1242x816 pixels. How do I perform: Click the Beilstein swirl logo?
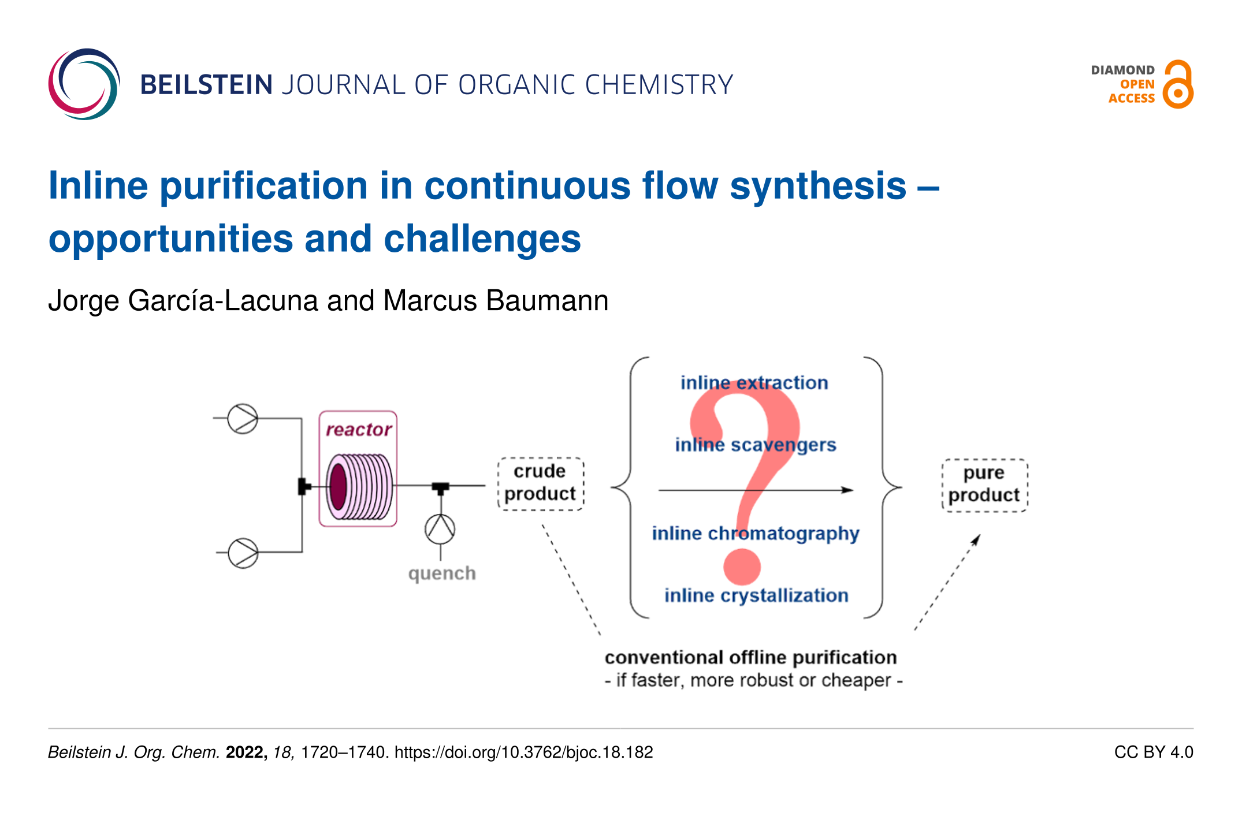(84, 84)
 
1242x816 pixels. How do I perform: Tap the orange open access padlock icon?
(1178, 84)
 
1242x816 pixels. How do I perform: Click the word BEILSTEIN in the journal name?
(206, 85)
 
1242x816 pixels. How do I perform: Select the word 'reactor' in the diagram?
(359, 429)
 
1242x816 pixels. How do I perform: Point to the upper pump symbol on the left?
(243, 419)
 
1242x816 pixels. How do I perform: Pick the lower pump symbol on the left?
(243, 553)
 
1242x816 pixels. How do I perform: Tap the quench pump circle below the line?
(440, 529)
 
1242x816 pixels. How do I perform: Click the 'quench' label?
(442, 573)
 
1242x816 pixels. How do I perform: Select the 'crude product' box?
(541, 483)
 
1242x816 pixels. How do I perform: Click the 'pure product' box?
(985, 485)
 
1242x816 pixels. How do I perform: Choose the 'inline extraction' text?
(754, 382)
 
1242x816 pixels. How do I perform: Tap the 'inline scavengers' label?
(756, 445)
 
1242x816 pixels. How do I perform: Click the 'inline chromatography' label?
(756, 533)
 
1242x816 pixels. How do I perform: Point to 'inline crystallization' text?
(756, 595)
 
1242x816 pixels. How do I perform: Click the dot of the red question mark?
(742, 567)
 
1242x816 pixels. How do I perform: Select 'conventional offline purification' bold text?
(751, 657)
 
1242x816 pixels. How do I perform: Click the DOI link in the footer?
(524, 752)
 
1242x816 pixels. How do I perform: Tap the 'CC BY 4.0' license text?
(1154, 752)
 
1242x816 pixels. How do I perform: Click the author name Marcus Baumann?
(496, 300)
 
